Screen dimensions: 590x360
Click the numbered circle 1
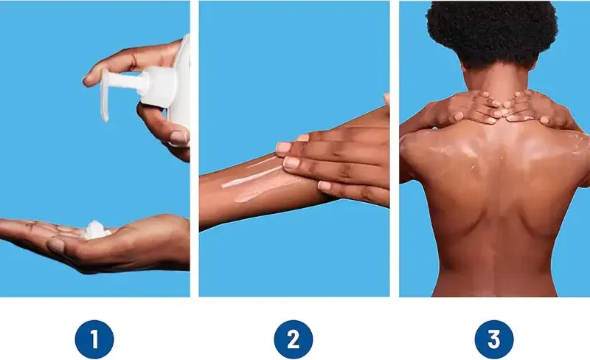click(x=94, y=339)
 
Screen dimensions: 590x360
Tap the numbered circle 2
click(x=293, y=339)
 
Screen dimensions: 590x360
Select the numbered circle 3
click(x=493, y=339)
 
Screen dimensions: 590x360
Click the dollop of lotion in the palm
click(x=96, y=230)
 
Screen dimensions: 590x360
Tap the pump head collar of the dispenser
click(x=158, y=86)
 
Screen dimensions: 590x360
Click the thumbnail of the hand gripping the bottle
click(x=178, y=137)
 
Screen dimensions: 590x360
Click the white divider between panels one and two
click(x=194, y=148)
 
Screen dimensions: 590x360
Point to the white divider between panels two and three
click(x=395, y=148)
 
